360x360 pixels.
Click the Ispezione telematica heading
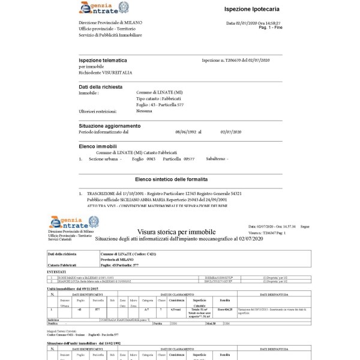[103, 61]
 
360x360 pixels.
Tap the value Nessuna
[144, 111]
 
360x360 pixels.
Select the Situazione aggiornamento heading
[110, 126]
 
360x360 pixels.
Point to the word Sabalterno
[216, 159]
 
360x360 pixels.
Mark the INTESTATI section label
[56, 271]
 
